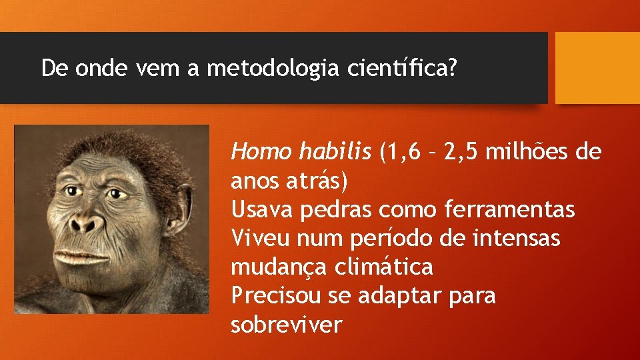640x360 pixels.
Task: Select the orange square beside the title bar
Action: [597, 68]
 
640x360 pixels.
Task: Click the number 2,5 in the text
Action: [457, 153]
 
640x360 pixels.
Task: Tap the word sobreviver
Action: [286, 325]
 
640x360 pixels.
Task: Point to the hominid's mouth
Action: [79, 256]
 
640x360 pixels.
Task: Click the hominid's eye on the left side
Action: [73, 191]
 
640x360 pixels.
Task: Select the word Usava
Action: [262, 209]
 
